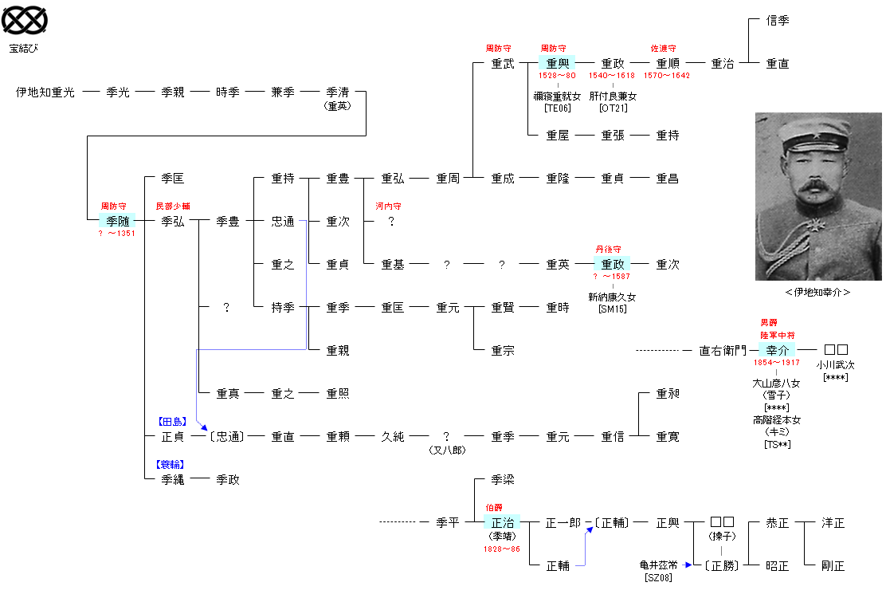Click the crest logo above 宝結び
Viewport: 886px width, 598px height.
tap(24, 21)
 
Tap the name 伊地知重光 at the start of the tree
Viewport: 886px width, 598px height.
tap(45, 92)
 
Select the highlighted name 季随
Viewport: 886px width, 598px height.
tap(117, 221)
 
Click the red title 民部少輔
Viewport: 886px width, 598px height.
tap(172, 207)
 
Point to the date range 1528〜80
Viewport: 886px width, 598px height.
tap(558, 76)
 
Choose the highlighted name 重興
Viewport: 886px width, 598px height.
tap(558, 63)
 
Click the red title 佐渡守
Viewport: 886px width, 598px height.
tap(664, 49)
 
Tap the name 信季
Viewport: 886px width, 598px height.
tap(777, 21)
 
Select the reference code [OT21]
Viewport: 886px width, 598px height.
tap(613, 108)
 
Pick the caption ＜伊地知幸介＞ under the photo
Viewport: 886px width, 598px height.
tap(817, 293)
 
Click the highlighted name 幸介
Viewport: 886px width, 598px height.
tap(777, 350)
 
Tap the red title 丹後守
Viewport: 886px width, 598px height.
tap(608, 250)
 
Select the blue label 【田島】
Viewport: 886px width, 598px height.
tap(172, 421)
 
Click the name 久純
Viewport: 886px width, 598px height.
tap(392, 437)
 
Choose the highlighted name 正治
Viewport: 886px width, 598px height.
tap(502, 523)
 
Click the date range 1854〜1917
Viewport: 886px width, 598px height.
tap(777, 363)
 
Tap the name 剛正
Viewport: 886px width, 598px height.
tap(833, 566)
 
